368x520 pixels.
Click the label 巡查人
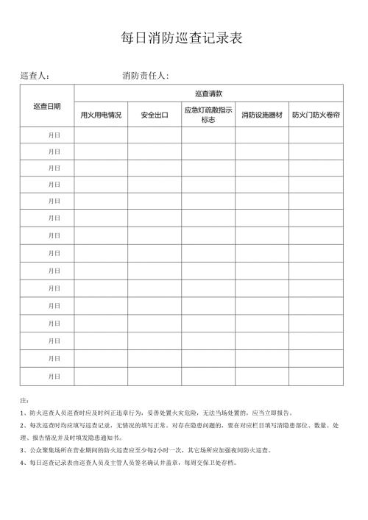[x=34, y=76]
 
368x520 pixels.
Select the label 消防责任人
[x=145, y=76]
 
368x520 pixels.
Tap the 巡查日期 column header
[x=48, y=106]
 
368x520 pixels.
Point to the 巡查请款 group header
[x=208, y=93]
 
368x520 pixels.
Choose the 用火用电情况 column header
[x=101, y=115]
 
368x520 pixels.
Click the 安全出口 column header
[x=155, y=115]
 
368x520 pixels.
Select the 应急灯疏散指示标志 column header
[x=208, y=115]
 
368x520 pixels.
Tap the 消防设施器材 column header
[x=261, y=115]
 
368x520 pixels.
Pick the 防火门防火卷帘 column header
[x=316, y=115]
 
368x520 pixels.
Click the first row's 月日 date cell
[x=54, y=135]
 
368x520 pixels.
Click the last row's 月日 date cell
[x=54, y=377]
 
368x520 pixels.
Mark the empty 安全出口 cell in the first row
[x=155, y=135]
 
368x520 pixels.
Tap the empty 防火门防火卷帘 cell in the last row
[x=316, y=377]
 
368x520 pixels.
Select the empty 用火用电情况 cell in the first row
[x=101, y=135]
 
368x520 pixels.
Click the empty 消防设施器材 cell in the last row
[x=261, y=377]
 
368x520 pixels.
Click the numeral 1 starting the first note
[x=23, y=413]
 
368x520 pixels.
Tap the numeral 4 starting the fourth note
[x=23, y=463]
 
